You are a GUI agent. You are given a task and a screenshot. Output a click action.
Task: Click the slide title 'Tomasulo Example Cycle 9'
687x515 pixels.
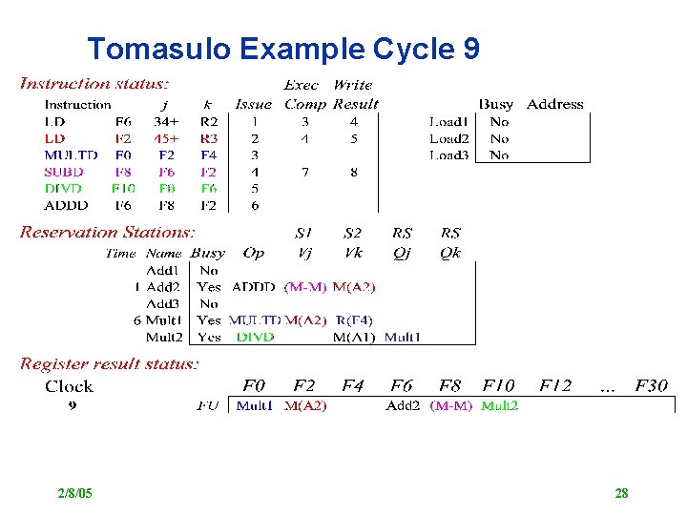[x=283, y=48]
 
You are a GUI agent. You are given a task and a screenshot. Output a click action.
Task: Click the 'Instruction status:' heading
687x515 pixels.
[x=95, y=84]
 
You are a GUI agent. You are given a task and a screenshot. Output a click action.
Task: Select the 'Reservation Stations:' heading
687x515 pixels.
[x=108, y=232]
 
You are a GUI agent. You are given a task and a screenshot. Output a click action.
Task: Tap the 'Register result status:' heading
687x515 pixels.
[x=110, y=363]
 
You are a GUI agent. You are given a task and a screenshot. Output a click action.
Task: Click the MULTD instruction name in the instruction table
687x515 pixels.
[x=71, y=155]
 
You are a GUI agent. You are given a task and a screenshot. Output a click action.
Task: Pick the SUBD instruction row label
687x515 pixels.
[x=64, y=173]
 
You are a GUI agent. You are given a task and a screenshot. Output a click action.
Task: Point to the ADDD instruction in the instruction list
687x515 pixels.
[x=66, y=205]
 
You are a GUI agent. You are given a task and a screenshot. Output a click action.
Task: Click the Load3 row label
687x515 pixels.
[x=448, y=155]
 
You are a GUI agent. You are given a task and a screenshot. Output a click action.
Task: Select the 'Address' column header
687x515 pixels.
[x=554, y=104]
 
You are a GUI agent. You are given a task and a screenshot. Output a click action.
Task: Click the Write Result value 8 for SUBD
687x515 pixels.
[x=353, y=173]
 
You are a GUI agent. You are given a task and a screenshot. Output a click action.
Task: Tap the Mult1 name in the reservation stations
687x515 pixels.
[x=164, y=320]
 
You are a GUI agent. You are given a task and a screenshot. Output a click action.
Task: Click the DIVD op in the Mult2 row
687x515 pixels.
[x=255, y=337]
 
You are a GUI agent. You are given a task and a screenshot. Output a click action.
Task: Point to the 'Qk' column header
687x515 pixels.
[x=450, y=254]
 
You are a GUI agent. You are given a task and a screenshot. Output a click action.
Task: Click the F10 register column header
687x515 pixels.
[x=497, y=386]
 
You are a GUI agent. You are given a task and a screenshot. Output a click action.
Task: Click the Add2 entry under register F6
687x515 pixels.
[x=403, y=405]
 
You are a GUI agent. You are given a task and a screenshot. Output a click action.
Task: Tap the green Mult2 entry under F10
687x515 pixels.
[x=500, y=405]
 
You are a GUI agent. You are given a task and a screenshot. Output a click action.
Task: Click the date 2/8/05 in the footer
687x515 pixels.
[x=74, y=493]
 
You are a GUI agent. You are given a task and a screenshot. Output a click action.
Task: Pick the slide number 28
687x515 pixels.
[x=621, y=493]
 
